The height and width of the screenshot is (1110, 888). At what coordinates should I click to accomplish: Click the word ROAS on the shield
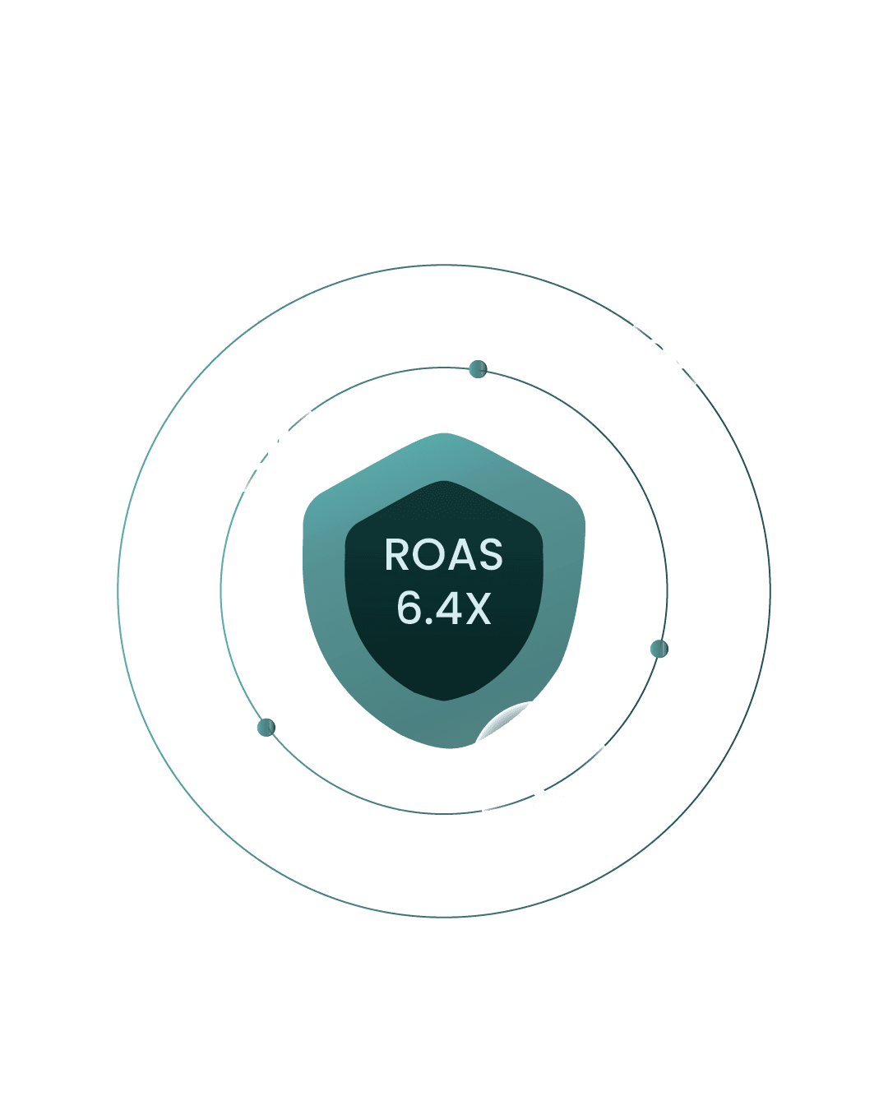443,556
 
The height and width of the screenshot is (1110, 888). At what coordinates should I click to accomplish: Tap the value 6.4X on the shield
443,609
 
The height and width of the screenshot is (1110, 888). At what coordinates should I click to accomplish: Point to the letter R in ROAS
397,556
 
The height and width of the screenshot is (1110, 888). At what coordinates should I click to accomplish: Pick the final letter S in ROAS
490,556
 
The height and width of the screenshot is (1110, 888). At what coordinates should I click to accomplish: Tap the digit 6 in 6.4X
409,609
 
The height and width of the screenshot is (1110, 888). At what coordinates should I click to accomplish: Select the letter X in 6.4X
476,609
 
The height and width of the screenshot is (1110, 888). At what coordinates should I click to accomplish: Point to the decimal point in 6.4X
427,622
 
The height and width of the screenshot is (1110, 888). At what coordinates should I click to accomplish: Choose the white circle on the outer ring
665,354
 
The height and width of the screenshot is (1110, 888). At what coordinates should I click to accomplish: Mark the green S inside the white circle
261,447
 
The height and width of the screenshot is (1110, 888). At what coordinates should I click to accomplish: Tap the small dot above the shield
478,369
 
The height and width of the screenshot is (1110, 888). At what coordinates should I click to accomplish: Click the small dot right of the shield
659,649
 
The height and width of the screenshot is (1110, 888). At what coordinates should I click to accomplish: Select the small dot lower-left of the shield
266,728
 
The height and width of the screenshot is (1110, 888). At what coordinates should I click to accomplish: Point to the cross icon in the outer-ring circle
665,354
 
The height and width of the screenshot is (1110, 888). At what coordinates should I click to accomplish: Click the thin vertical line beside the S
278,444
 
